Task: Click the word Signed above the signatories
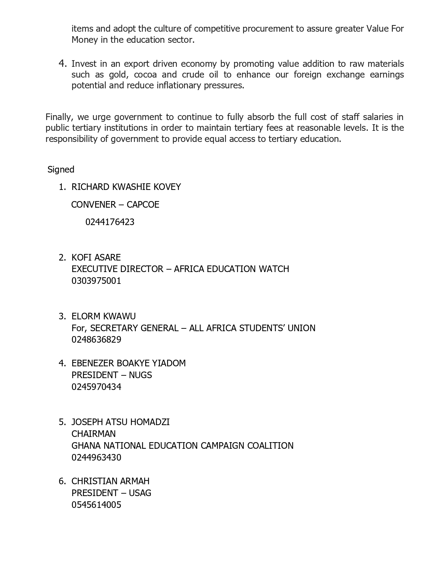tap(61, 169)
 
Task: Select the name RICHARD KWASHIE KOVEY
tap(126, 187)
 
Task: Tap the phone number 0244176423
tap(110, 222)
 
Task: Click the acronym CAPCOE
tap(143, 205)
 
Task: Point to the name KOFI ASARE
tap(96, 257)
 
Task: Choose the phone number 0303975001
tap(96, 281)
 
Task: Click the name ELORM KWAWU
tap(104, 316)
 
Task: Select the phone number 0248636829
tap(96, 340)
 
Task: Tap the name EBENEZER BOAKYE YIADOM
tap(129, 363)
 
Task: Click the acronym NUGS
tap(140, 375)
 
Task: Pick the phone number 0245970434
tap(96, 387)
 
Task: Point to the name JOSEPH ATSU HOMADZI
tap(121, 422)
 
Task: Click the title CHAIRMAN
tap(93, 434)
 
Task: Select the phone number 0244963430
tap(96, 457)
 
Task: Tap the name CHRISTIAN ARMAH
tap(110, 481)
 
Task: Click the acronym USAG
tap(140, 493)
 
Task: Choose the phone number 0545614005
tap(96, 505)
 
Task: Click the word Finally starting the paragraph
tap(58, 117)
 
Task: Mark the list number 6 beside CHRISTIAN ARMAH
tap(62, 481)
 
